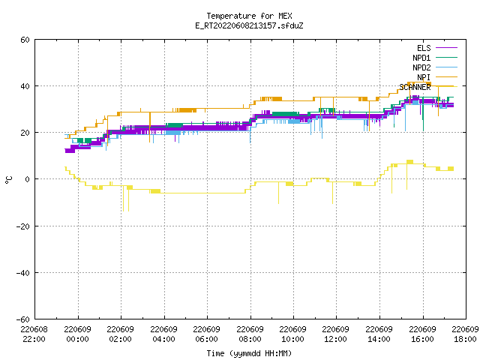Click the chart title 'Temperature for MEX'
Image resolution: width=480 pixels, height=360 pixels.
coord(249,16)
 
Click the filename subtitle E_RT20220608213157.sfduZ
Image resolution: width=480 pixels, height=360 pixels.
coord(249,25)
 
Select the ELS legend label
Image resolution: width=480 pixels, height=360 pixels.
coord(424,48)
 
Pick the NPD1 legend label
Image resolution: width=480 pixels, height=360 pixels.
coord(421,58)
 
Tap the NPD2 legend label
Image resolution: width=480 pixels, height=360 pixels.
coord(421,67)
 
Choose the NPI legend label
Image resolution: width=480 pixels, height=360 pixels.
coord(424,77)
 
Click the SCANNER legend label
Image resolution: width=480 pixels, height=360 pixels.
coord(415,87)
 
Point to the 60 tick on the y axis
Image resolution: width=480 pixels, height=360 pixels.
coord(25,40)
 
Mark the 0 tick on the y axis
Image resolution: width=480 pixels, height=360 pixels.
coord(28,179)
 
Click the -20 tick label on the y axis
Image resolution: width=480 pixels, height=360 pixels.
coord(23,226)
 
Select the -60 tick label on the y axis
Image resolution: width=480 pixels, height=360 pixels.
coord(23,319)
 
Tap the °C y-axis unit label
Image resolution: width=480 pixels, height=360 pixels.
coord(8,180)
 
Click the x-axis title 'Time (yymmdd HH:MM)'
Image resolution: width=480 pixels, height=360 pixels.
coord(249,353)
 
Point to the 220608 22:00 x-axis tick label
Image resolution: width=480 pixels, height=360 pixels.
coord(34,334)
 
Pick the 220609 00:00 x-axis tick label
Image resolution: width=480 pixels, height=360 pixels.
coord(78,334)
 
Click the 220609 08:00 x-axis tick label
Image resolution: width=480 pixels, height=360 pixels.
coord(250,334)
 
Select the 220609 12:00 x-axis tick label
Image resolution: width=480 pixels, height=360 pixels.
coord(336,334)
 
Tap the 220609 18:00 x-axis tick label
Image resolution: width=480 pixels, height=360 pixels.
coord(465,334)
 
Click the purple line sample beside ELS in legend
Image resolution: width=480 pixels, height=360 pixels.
coord(446,48)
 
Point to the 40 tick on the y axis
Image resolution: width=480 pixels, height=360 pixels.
coord(25,86)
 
